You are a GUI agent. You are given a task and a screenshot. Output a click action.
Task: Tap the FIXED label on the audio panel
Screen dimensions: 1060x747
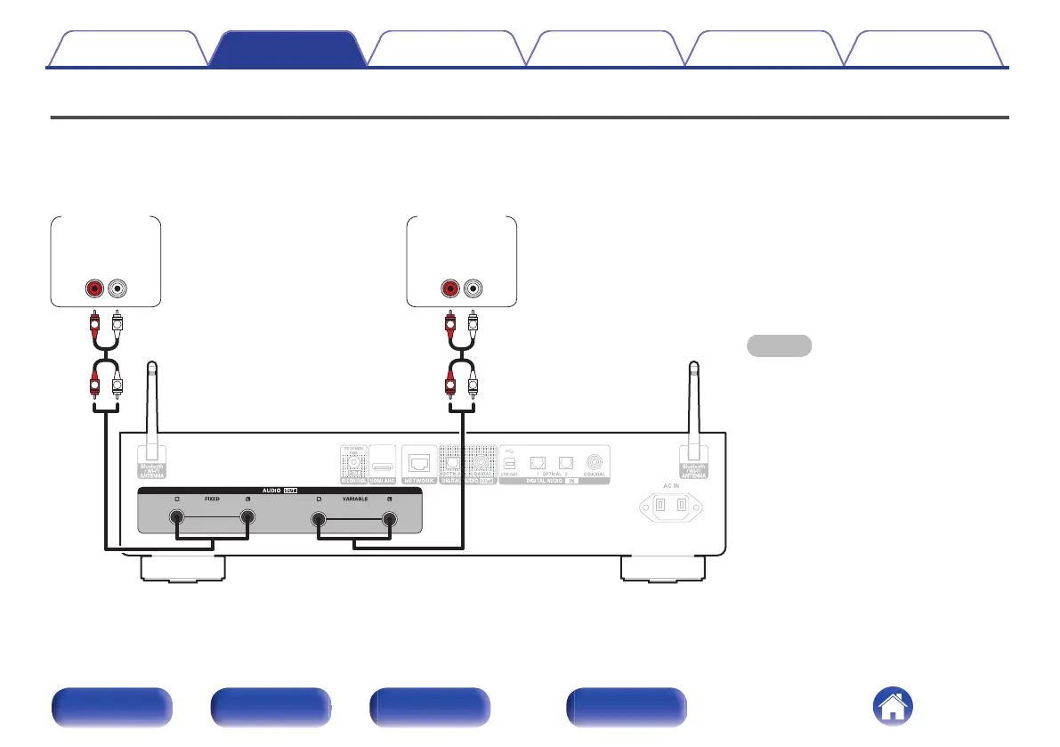point(212,499)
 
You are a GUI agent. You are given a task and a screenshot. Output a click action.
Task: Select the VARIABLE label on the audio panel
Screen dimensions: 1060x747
point(353,499)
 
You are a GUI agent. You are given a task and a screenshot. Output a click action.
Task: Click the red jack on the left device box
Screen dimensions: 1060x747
point(93,288)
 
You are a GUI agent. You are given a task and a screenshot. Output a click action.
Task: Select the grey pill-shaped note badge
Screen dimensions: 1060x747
point(778,345)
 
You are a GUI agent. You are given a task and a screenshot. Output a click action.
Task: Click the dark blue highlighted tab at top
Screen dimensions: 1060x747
point(287,50)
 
